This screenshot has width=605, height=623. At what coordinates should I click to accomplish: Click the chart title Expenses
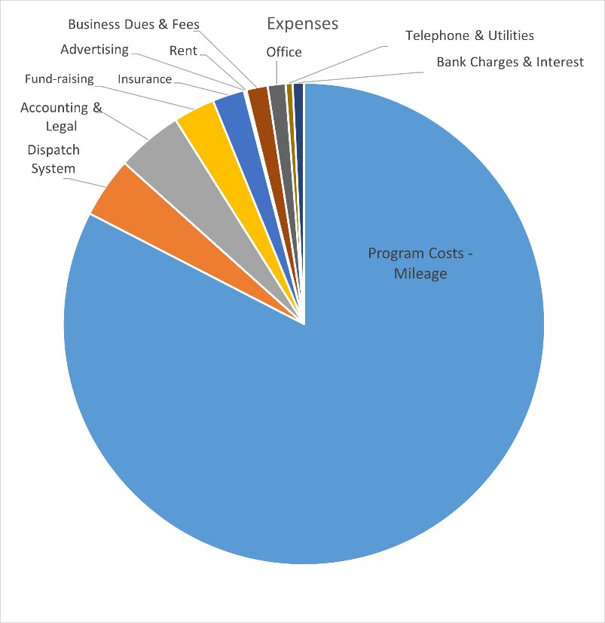click(x=302, y=24)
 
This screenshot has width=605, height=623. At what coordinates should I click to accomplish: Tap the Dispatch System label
click(x=53, y=159)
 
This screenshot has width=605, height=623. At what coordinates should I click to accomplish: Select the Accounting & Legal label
click(x=61, y=117)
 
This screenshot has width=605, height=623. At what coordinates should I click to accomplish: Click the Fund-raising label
click(x=59, y=78)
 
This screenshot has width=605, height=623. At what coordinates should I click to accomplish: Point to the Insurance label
click(x=145, y=79)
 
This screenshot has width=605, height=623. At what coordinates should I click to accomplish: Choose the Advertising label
click(x=94, y=51)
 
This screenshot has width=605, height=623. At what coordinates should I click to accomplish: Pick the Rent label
click(x=183, y=51)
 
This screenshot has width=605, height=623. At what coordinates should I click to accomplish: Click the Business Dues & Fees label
click(x=133, y=24)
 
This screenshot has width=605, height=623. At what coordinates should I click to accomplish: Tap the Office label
click(x=283, y=52)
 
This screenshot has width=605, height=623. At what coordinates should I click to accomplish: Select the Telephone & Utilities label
click(x=469, y=35)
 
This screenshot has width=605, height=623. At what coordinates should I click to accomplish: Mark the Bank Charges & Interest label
click(x=510, y=62)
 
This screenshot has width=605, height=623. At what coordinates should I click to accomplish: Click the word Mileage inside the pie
click(x=420, y=273)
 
